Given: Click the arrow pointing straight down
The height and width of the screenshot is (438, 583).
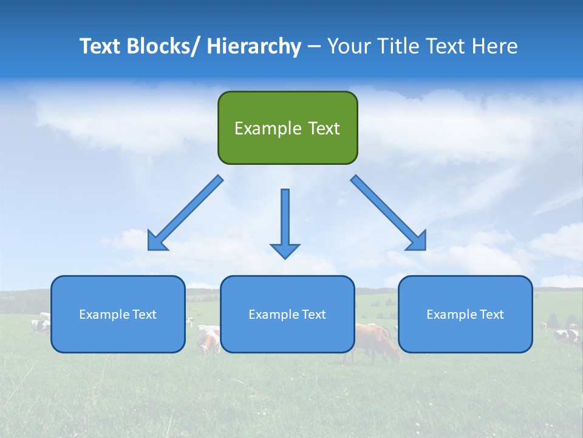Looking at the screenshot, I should point(285,225).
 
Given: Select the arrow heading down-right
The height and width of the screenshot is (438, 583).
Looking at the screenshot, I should point(389,214).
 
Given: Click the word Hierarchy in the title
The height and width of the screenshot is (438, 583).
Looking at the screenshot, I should point(254,46).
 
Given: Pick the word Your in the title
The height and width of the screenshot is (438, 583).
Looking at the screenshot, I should point(349,46).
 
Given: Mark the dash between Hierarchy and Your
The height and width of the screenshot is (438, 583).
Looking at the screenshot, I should point(314,47).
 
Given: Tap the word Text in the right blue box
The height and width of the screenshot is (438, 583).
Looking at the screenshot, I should point(492,315).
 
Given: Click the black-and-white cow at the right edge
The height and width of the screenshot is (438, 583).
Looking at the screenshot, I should point(568,336).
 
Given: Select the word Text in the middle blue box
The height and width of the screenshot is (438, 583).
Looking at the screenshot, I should point(314,315).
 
